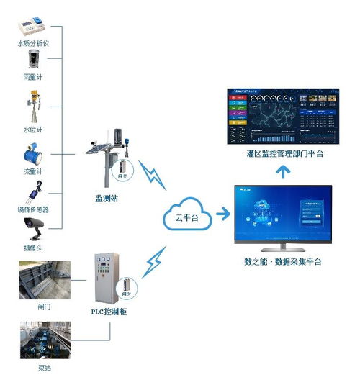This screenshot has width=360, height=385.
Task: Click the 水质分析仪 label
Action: tap(33, 44)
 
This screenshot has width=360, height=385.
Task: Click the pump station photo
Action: tap(45, 341)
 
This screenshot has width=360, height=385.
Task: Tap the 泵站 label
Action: tap(45, 368)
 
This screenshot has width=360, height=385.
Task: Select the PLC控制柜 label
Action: tap(109, 312)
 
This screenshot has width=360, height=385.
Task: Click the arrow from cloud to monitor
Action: tap(223, 213)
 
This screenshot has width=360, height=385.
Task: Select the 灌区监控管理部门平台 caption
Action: tap(285, 154)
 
